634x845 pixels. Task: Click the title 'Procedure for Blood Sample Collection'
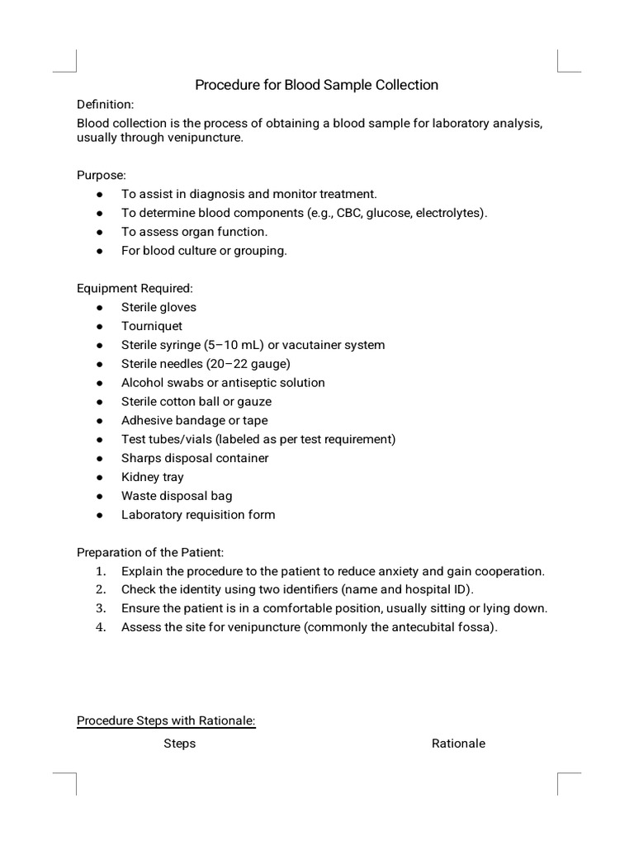316,85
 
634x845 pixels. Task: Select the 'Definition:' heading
105,105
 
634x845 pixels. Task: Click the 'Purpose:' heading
102,176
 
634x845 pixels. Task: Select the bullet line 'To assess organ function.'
194,232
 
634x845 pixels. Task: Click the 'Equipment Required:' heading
135,289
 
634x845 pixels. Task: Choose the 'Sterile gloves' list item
158,307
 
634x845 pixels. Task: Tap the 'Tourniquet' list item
152,326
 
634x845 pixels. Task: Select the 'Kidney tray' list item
153,477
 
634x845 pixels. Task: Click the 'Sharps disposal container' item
195,458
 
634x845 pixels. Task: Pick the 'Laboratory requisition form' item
198,515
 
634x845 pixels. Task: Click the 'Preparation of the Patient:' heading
150,552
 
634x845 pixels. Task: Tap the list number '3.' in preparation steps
100,609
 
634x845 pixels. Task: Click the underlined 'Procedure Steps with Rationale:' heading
166,721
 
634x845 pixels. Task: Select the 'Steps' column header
179,744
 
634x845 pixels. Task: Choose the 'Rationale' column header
458,744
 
